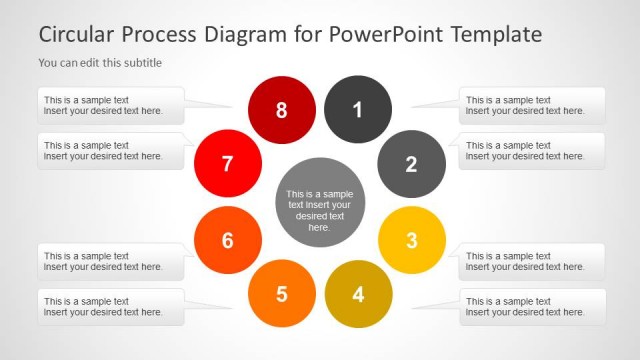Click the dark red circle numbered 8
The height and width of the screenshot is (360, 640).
pos(281,109)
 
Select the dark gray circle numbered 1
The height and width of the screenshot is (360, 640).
pos(358,109)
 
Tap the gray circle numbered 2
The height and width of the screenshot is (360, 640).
pos(411,164)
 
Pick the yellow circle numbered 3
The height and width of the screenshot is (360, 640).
pos(411,240)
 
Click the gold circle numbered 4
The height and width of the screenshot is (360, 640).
pos(358,294)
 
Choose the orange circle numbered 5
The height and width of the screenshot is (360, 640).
pos(281,294)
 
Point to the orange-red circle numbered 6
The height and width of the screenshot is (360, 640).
pos(227,240)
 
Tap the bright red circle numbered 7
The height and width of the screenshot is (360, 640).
pos(227,164)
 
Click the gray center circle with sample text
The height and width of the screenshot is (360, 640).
pos(319,202)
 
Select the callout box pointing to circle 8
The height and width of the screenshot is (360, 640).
pos(110,105)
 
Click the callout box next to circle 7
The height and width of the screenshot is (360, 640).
pos(110,151)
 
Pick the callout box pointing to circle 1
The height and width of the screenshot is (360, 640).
pos(532,105)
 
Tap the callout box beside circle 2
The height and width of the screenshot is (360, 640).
pos(532,151)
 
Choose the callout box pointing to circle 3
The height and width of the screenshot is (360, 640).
pos(532,261)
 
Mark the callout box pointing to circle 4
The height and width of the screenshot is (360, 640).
pos(532,307)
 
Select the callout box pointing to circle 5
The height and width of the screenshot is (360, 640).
pos(110,307)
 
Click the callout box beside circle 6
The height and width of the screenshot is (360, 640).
pos(110,261)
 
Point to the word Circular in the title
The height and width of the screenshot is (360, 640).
pos(77,34)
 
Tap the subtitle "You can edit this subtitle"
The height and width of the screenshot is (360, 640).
pos(100,63)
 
